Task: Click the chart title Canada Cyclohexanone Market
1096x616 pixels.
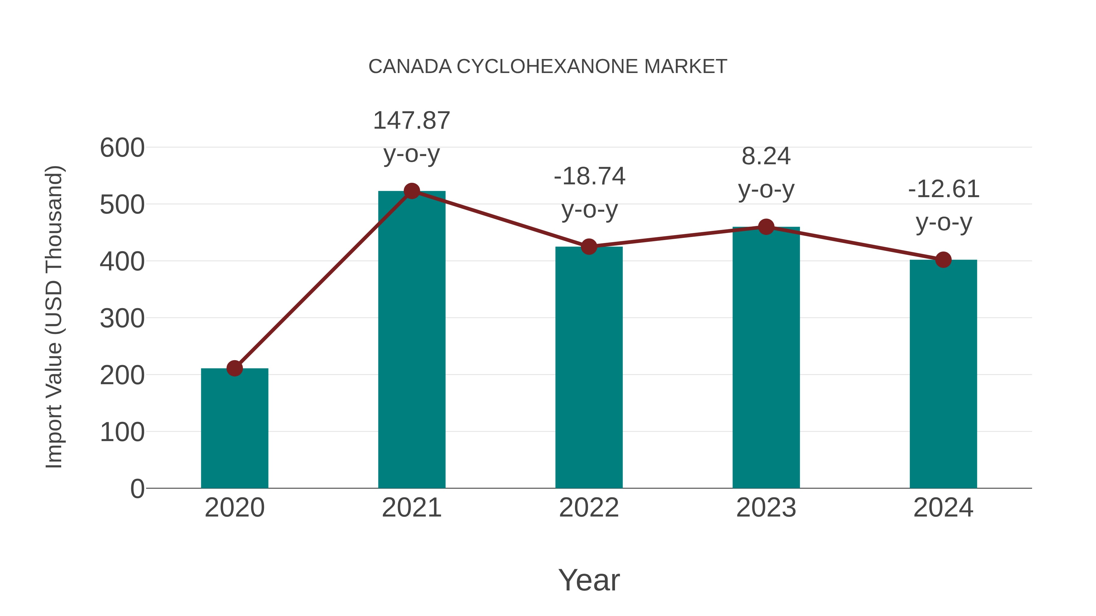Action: [x=548, y=67]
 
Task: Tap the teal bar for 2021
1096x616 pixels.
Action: [x=411, y=340]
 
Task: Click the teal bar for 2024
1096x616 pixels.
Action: [x=943, y=374]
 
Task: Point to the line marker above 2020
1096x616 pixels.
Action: [x=234, y=368]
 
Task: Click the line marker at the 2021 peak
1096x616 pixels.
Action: [x=411, y=191]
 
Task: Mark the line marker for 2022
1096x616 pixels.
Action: [x=589, y=247]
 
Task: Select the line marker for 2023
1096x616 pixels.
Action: [x=766, y=227]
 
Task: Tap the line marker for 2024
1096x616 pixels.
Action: [x=943, y=260]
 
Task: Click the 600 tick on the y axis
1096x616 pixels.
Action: [x=122, y=148]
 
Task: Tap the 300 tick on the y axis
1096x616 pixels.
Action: [x=122, y=319]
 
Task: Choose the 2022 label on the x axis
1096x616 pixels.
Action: [x=589, y=508]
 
